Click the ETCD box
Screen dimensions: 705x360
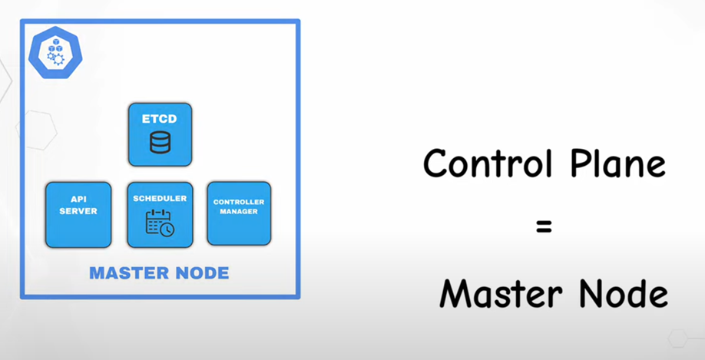pos(160,134)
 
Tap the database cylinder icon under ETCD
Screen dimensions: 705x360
pos(160,143)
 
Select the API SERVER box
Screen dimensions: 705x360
pos(78,214)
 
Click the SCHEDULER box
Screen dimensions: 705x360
pos(160,214)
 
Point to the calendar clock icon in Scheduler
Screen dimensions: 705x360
pos(160,223)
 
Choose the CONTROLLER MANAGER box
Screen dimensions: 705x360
pos(239,213)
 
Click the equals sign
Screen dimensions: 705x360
pos(544,227)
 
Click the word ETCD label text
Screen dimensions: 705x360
pos(160,119)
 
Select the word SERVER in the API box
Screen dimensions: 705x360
pos(78,211)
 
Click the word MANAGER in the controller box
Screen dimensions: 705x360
pos(239,211)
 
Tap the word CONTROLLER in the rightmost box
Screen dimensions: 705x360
pos(239,202)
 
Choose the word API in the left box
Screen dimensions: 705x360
pos(78,200)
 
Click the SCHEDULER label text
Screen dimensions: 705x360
pos(160,198)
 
